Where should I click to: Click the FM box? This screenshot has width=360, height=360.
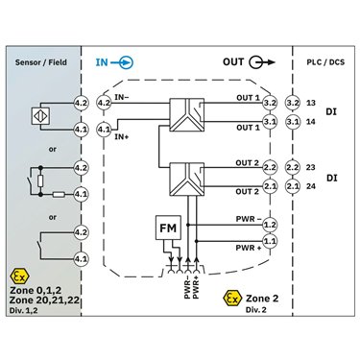point(168,228)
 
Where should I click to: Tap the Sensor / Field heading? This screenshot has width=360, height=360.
point(41,62)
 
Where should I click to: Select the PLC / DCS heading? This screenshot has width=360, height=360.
point(325,62)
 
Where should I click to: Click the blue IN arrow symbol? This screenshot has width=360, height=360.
point(122,62)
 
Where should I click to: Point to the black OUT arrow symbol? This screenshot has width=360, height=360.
point(262,62)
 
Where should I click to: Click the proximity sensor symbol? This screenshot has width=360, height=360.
point(41,116)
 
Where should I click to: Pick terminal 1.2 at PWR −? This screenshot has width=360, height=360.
point(270,225)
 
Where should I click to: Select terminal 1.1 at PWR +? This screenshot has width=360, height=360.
point(270,241)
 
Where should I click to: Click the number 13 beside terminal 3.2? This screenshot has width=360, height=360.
point(311,103)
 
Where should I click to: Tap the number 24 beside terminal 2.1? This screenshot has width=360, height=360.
point(311,186)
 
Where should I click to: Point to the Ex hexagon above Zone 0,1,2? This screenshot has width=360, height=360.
point(19,276)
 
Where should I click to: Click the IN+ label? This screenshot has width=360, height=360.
point(122,137)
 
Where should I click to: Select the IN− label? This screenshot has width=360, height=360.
point(122,97)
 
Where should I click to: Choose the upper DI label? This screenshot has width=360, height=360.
point(331,112)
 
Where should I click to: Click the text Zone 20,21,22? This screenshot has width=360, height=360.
point(44,300)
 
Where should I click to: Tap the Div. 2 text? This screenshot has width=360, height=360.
point(256,310)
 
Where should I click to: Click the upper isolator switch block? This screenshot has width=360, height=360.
point(186,115)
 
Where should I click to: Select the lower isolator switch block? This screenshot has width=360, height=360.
point(186,180)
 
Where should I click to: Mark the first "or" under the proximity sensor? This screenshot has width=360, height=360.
point(53,149)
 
